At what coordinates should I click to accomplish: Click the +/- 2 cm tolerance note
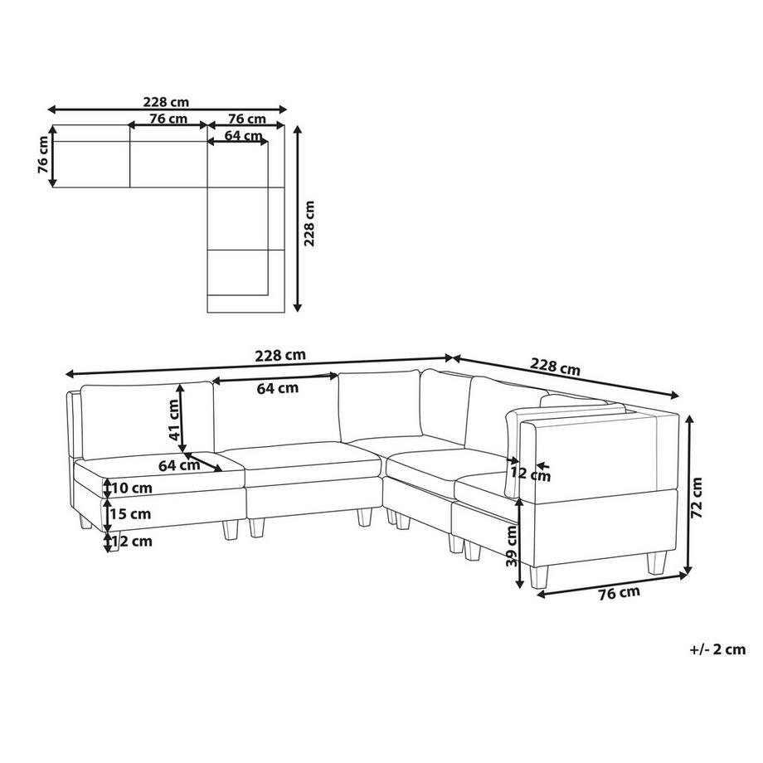tap(717, 649)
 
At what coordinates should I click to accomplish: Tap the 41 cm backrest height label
tap(173, 420)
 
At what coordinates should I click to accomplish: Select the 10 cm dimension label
tap(131, 488)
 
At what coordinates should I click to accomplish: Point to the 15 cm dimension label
tap(130, 514)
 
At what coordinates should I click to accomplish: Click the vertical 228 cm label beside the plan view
tap(309, 223)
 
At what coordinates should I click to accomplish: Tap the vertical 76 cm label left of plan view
tap(43, 155)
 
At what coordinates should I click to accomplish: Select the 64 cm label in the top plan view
tap(244, 135)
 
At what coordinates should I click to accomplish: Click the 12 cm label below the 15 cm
tap(132, 541)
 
